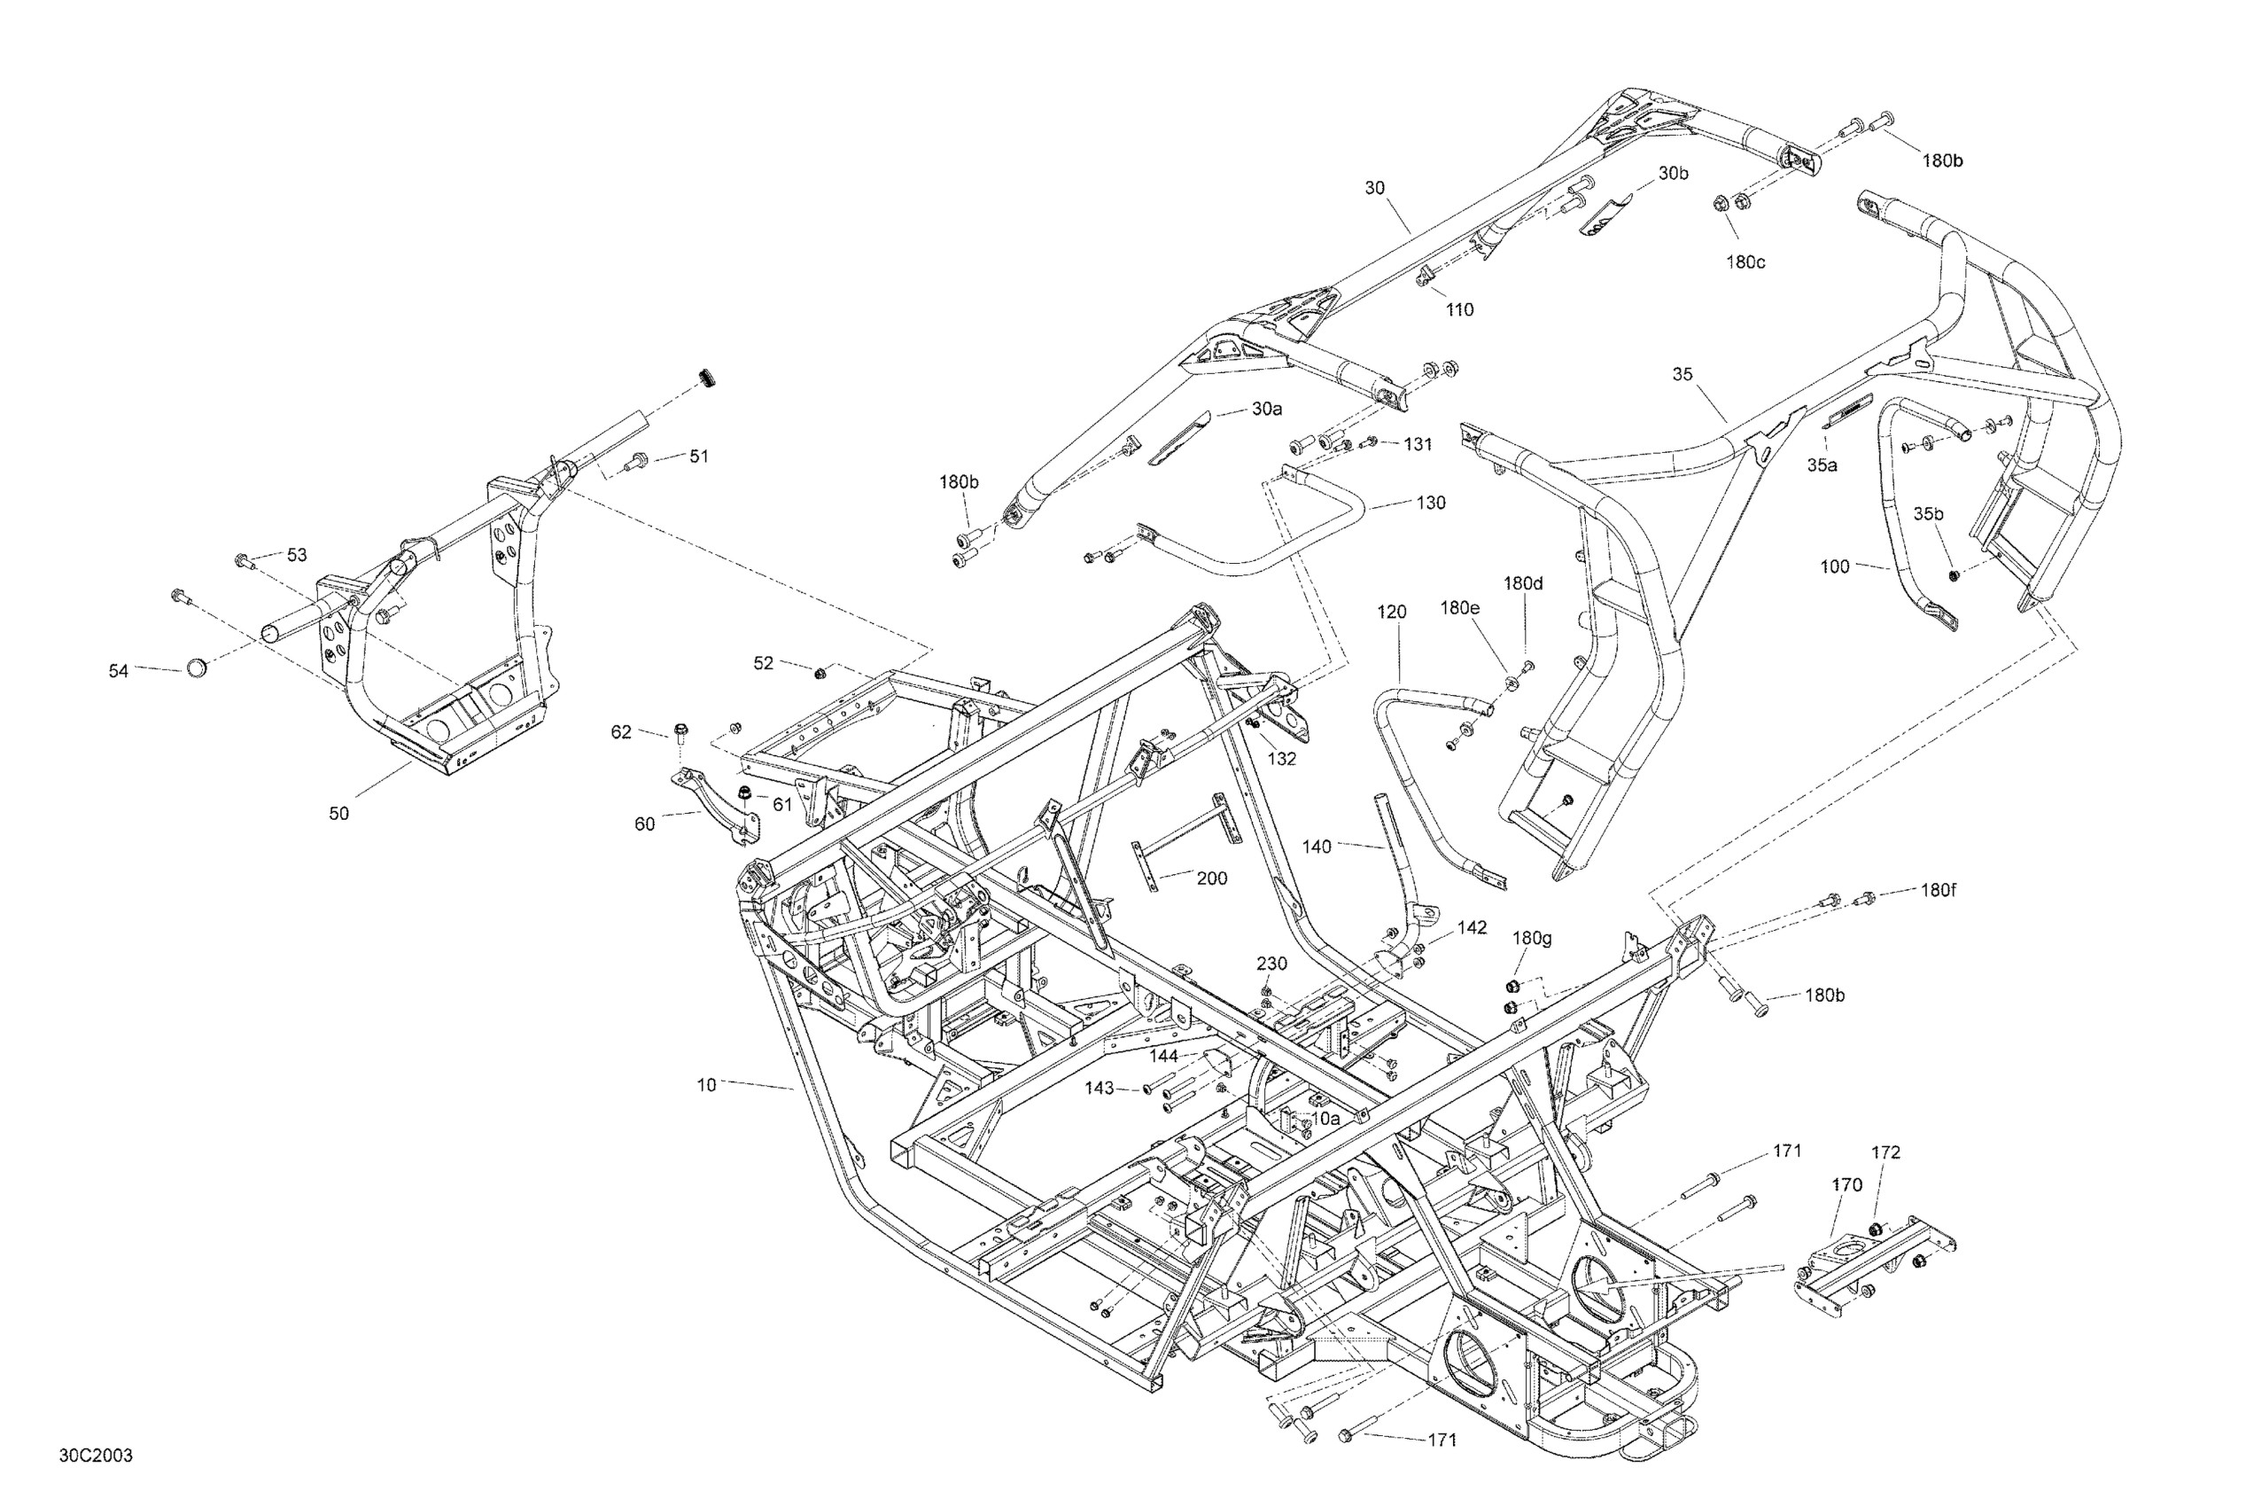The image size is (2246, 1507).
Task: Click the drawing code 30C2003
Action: [96, 1456]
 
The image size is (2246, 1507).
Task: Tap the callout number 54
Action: [118, 671]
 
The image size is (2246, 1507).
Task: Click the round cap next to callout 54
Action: [195, 667]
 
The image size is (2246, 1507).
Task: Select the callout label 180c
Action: [1745, 262]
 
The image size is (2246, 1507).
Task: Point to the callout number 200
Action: [1211, 878]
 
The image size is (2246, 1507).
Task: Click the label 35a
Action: [1822, 465]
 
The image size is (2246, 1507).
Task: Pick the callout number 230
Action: [1272, 963]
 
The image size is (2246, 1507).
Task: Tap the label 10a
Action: [1325, 1119]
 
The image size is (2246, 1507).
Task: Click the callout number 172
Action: [1885, 1152]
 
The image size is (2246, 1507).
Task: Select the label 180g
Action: [1531, 938]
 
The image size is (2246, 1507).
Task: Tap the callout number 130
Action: [1430, 503]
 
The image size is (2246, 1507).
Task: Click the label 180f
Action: [1938, 890]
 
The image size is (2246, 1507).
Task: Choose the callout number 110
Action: [1459, 309]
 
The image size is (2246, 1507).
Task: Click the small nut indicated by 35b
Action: [1952, 574]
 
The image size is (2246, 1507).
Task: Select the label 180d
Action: [1523, 583]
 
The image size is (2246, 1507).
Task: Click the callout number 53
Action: [297, 555]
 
